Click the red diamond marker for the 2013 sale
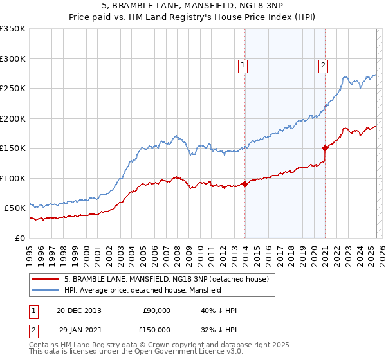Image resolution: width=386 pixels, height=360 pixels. tap(245, 184)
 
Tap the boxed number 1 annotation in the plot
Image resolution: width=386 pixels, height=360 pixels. tap(243, 64)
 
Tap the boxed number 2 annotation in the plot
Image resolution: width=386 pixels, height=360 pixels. tap(322, 64)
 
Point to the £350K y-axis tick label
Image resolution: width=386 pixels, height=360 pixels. tap(13, 29)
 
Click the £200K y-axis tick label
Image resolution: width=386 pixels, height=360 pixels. tap(13, 118)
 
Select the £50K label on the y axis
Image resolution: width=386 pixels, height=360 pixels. tap(15, 208)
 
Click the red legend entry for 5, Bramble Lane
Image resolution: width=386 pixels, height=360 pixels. tap(170, 279)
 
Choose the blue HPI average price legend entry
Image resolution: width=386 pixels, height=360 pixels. tap(142, 290)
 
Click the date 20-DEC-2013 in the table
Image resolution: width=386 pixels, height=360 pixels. tap(78, 310)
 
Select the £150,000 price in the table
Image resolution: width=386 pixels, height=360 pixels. tap(156, 330)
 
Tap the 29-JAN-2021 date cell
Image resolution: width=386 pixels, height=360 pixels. tap(78, 330)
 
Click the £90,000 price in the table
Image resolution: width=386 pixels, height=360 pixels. tap(156, 310)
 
